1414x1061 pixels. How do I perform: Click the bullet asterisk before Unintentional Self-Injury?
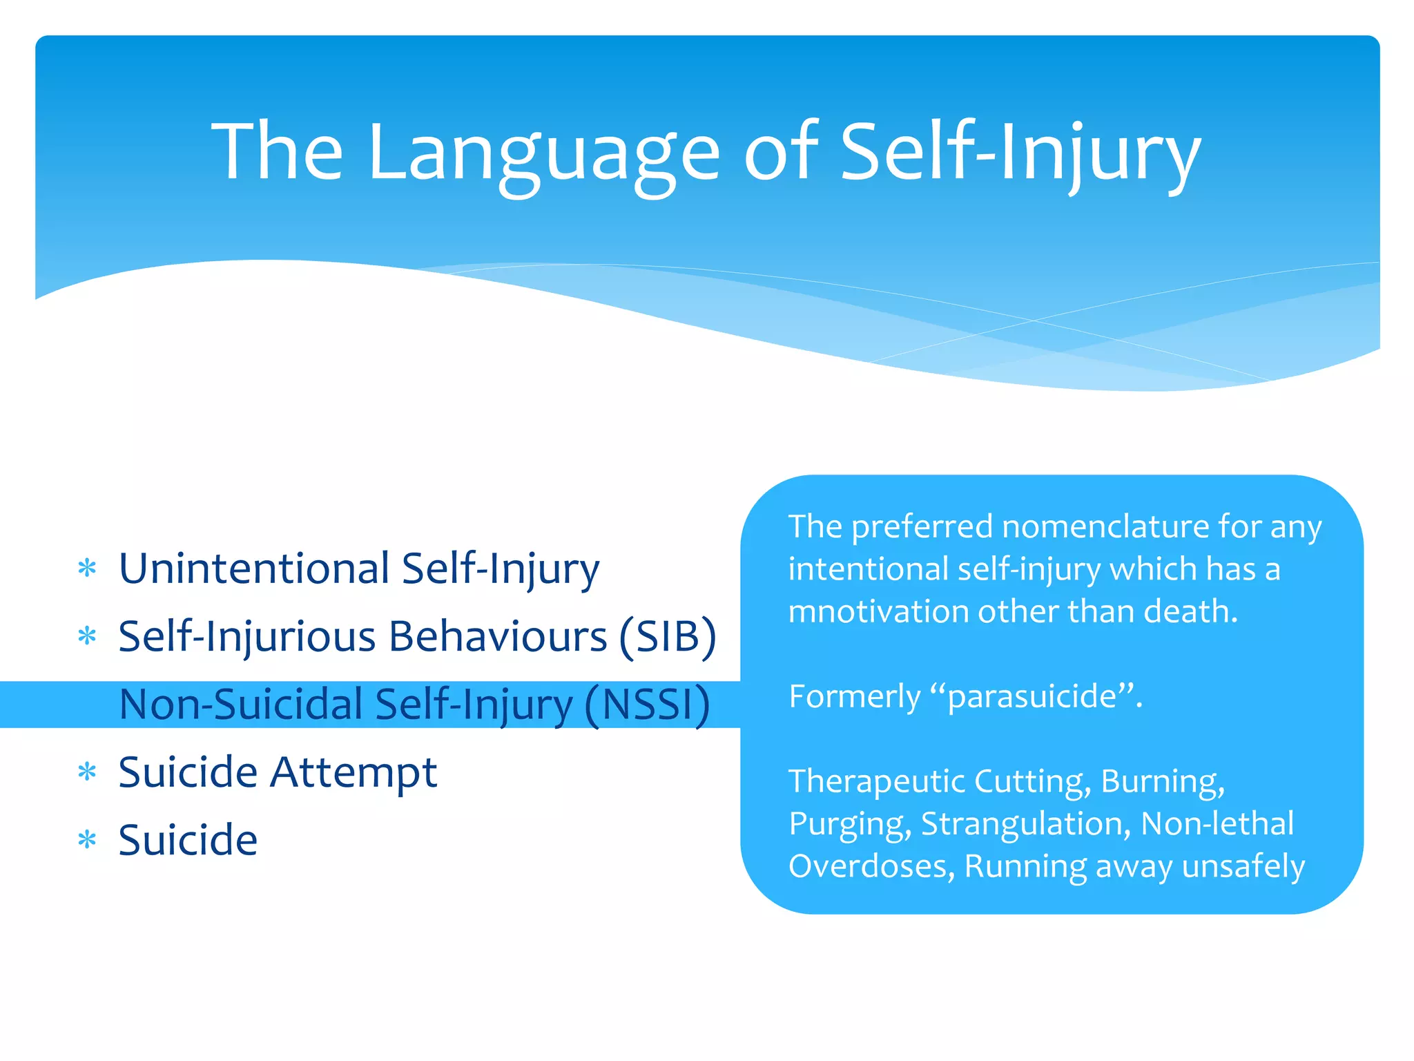(x=87, y=568)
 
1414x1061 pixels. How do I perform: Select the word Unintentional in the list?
(x=254, y=568)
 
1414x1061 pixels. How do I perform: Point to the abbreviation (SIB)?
(x=667, y=636)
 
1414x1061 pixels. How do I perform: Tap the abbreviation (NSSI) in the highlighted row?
(x=647, y=705)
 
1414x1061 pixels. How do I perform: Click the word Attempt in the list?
(x=353, y=772)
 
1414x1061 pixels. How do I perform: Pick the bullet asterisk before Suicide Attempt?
(x=87, y=772)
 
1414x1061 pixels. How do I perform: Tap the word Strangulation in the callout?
(x=1025, y=824)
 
